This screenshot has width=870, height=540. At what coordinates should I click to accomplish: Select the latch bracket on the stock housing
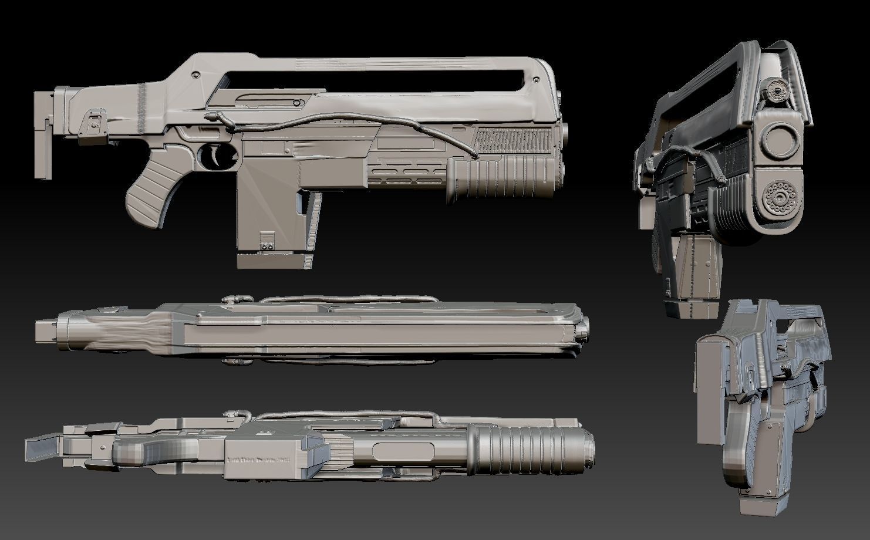pyautogui.click(x=94, y=122)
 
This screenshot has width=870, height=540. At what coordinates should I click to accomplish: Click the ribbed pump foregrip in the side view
pyautogui.click(x=499, y=179)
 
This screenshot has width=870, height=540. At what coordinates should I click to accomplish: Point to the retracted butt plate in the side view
pyautogui.click(x=44, y=135)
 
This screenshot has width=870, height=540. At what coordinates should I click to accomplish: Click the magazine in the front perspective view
pyautogui.click(x=690, y=276)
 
